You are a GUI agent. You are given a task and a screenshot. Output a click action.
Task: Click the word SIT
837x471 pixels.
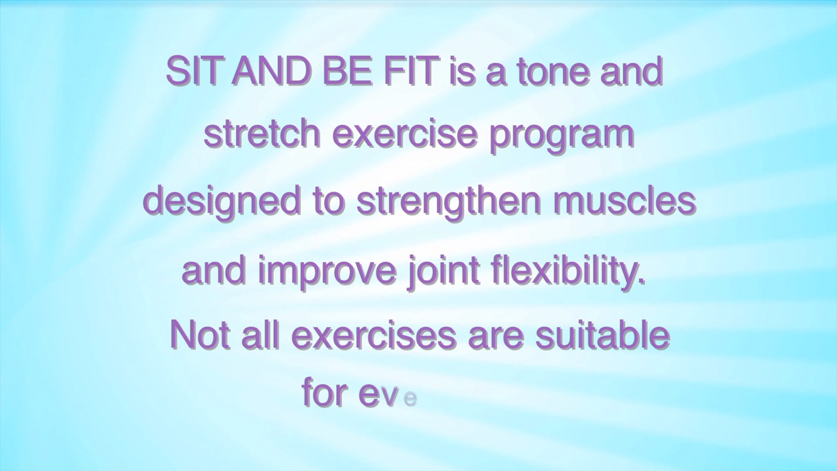[x=192, y=72]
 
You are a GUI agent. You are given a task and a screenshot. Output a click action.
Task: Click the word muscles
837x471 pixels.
[x=624, y=201]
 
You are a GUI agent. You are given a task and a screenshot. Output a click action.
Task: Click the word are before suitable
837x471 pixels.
[x=496, y=339]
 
